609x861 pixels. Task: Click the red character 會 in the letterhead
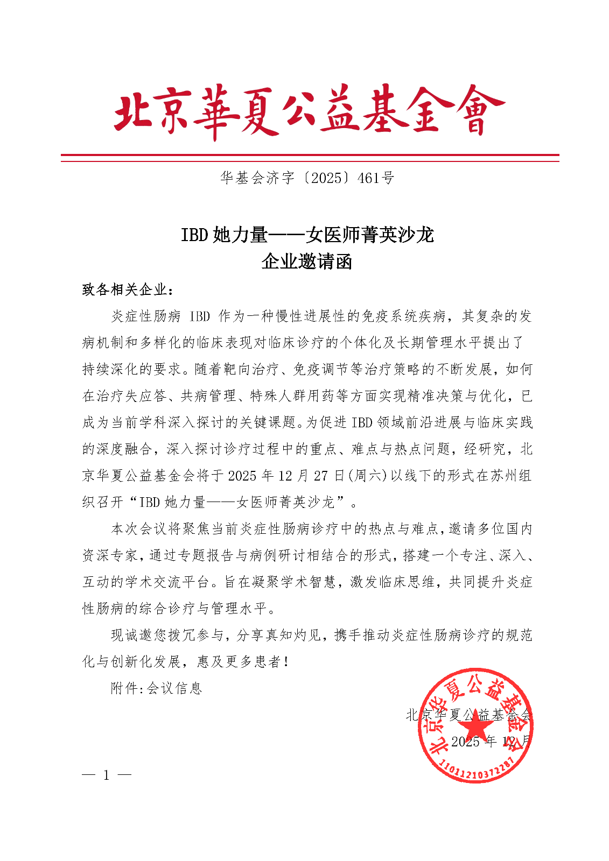tap(477, 111)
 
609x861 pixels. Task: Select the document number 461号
tap(376, 178)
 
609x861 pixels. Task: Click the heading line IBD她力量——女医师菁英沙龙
tap(307, 235)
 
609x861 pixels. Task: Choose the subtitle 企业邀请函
tap(307, 262)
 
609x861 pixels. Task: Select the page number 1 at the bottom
tap(107, 775)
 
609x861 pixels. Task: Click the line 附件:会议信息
tap(156, 688)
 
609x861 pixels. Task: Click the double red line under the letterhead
tap(310, 158)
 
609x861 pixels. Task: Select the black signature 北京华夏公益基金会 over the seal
tap(468, 715)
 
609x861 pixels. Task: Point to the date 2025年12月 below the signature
tap(491, 742)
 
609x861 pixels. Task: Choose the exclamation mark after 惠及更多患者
tap(285, 662)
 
